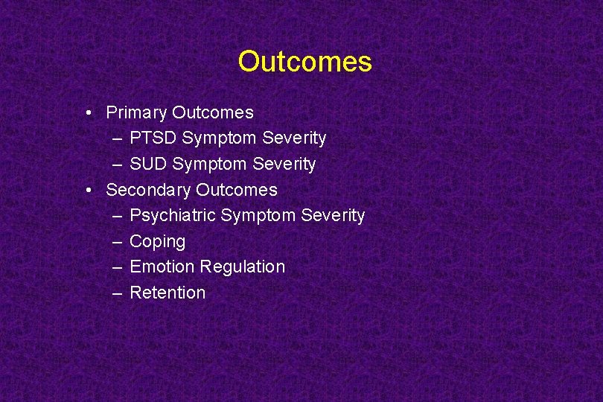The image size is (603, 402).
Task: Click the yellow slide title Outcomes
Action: click(304, 61)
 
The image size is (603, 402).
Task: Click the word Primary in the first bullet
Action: click(136, 113)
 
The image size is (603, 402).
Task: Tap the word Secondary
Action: click(148, 190)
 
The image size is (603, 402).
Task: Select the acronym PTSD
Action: click(153, 138)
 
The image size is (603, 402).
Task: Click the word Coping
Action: click(157, 242)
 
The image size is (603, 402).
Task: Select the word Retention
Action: click(167, 293)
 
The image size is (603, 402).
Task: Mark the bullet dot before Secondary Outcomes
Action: click(89, 191)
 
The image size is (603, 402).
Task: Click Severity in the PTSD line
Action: click(294, 138)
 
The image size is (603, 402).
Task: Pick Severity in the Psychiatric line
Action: click(333, 216)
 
